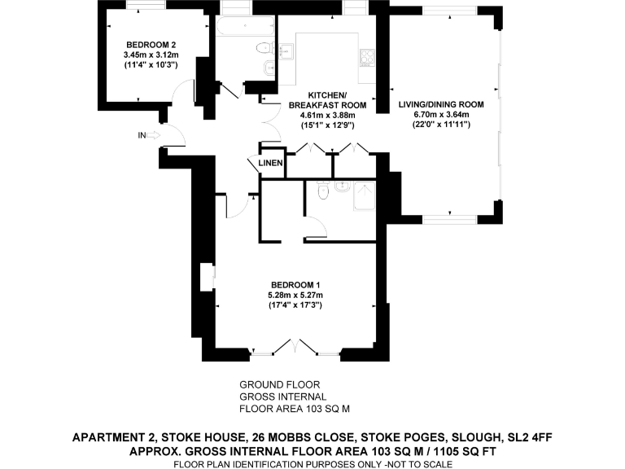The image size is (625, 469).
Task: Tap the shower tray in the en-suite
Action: pos(363,196)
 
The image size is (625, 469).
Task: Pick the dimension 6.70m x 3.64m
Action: pos(441,115)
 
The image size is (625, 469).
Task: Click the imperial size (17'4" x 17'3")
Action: pos(295,305)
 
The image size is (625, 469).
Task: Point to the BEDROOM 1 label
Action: pos(295,283)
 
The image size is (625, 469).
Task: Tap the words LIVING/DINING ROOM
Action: pos(441,104)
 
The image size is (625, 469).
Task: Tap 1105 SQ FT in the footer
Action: pos(466,451)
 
